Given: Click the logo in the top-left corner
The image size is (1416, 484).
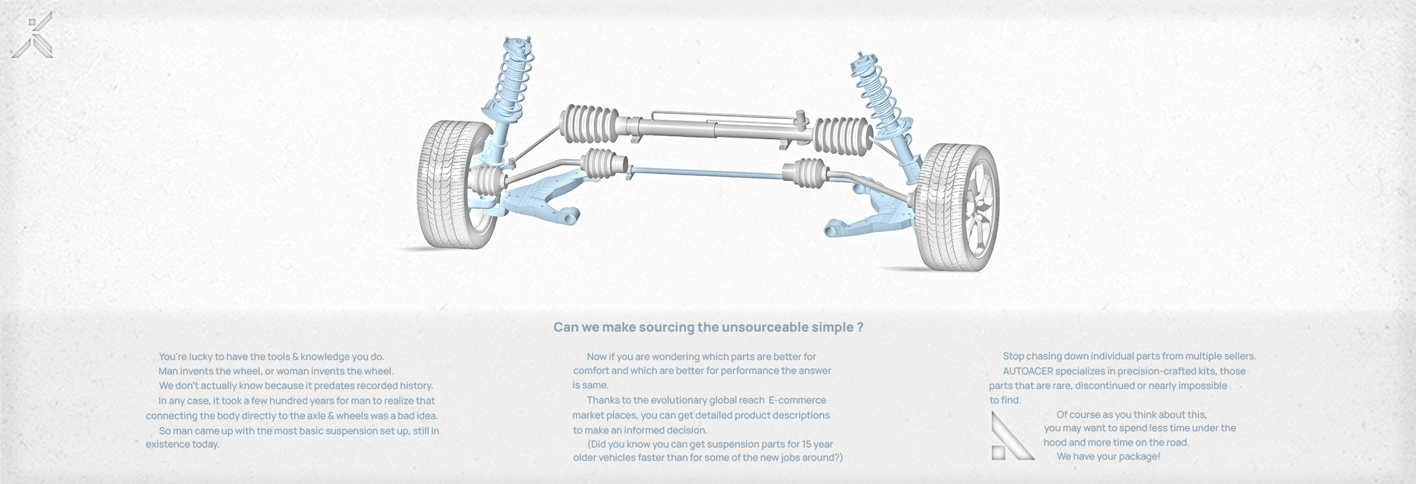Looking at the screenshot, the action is (x=32, y=35).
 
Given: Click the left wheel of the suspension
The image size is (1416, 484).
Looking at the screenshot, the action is (x=454, y=184).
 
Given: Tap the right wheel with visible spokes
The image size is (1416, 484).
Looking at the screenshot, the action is (x=958, y=207).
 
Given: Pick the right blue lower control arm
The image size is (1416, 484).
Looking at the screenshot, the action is (x=867, y=212).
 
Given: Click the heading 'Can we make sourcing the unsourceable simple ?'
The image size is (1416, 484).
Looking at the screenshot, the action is (x=708, y=327).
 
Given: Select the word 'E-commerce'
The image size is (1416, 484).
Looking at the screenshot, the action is (x=797, y=400).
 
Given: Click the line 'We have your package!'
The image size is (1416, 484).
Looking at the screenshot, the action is (x=1108, y=456).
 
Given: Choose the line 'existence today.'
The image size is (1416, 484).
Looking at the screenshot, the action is (x=182, y=445).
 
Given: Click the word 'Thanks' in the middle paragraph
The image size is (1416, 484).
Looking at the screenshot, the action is (x=603, y=400).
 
